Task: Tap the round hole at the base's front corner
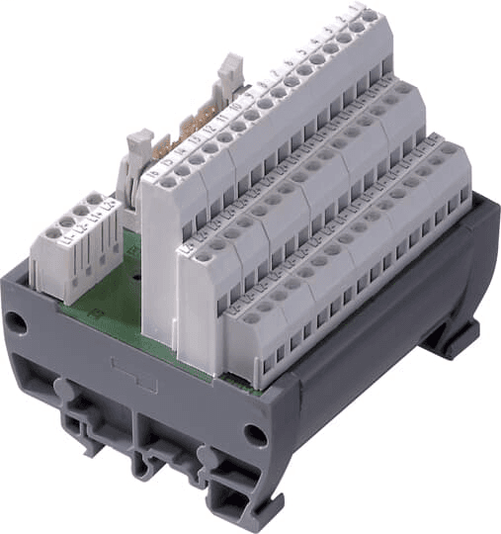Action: tap(256, 433)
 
